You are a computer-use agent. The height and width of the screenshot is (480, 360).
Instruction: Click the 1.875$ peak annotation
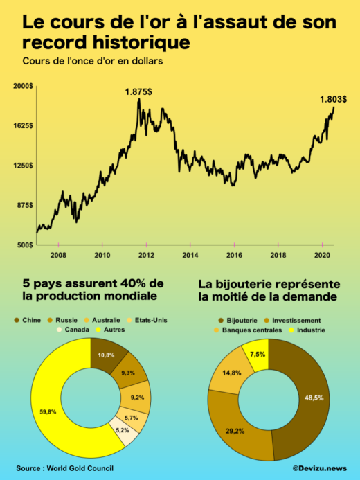(139, 91)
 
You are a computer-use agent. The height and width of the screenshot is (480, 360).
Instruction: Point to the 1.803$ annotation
(333, 99)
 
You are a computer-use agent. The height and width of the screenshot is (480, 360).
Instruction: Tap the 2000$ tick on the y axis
(23, 86)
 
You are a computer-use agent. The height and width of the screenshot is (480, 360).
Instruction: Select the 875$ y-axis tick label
(25, 205)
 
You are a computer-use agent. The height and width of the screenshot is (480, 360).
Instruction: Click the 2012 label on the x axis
(147, 255)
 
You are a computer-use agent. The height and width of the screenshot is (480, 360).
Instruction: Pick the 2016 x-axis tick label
(234, 255)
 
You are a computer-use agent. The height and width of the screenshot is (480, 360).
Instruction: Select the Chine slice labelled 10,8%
(106, 355)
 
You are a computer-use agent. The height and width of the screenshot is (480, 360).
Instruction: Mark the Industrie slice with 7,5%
(257, 355)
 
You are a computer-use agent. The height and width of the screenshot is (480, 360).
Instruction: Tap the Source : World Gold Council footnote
(65, 468)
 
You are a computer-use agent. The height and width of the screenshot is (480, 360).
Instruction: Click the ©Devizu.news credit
(319, 468)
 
